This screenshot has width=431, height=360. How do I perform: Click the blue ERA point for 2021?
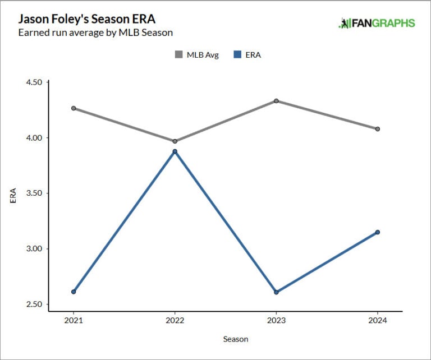[x=74, y=292]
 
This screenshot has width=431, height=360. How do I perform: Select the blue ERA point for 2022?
[x=175, y=151]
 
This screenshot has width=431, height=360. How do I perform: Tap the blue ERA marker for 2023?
[x=276, y=292]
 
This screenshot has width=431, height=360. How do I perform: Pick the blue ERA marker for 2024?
[x=378, y=232]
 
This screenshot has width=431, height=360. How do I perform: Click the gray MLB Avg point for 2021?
[x=74, y=108]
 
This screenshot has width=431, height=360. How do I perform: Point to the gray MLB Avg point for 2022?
[x=175, y=141]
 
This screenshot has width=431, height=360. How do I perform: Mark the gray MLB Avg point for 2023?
[x=276, y=101]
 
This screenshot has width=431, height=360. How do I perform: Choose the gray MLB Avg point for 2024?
[x=378, y=129]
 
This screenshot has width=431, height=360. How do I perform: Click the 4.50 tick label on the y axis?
[x=34, y=82]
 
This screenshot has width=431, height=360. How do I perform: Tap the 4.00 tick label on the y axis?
[x=34, y=138]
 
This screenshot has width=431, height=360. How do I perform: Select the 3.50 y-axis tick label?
[x=34, y=193]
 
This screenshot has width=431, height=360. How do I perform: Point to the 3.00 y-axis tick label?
[x=34, y=249]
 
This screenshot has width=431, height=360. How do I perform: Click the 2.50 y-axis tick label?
[x=34, y=304]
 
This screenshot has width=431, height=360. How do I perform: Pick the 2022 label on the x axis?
[x=175, y=321]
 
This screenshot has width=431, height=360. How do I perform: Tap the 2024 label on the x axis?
[x=378, y=321]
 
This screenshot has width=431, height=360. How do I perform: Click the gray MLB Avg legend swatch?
[x=179, y=55]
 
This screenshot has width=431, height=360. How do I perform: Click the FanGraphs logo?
[x=377, y=23]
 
